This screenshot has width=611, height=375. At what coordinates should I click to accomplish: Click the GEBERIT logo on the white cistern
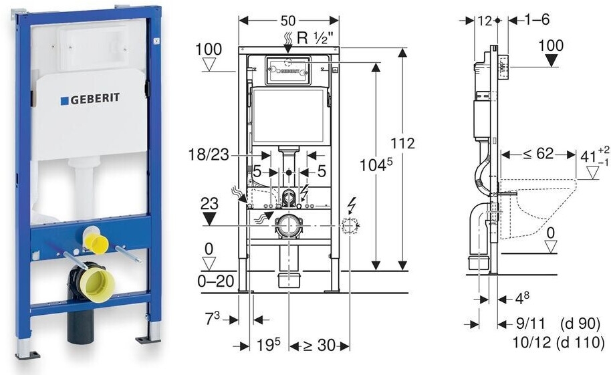pos(90,99)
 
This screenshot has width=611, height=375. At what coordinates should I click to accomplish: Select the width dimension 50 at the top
pos(288,20)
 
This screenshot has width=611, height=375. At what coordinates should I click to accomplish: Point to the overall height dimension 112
pos(403,144)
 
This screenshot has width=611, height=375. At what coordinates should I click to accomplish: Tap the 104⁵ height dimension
pos(376,165)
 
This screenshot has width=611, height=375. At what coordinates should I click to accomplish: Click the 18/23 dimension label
pos(209,155)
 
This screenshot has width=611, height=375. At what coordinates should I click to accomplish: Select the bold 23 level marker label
pos(209,204)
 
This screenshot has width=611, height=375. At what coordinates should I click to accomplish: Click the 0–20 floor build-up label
pos(216,281)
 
